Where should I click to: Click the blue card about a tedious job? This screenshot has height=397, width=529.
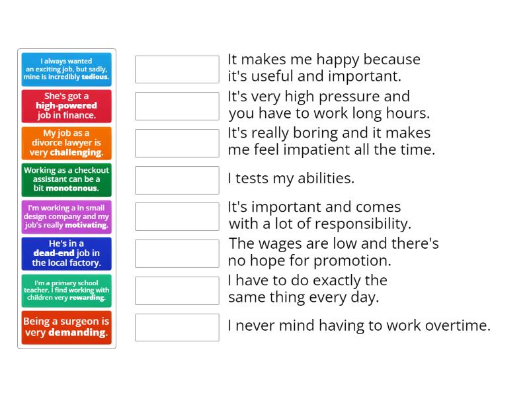(66, 69)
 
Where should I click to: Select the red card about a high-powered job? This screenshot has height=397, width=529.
(66, 106)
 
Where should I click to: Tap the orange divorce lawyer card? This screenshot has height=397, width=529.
(66, 143)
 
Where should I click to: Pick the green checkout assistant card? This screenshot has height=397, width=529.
(66, 179)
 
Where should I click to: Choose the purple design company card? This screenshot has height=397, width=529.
(66, 216)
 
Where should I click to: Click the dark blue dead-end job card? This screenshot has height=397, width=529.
(66, 253)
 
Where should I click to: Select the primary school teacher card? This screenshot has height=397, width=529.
(66, 290)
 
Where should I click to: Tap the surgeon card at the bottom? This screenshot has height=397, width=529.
(66, 328)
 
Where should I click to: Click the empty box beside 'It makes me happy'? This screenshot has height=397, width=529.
(177, 69)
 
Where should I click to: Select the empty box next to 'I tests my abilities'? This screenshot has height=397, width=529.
(177, 179)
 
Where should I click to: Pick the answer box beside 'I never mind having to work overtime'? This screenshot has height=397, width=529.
(177, 327)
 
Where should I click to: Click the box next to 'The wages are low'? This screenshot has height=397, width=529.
(177, 253)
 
